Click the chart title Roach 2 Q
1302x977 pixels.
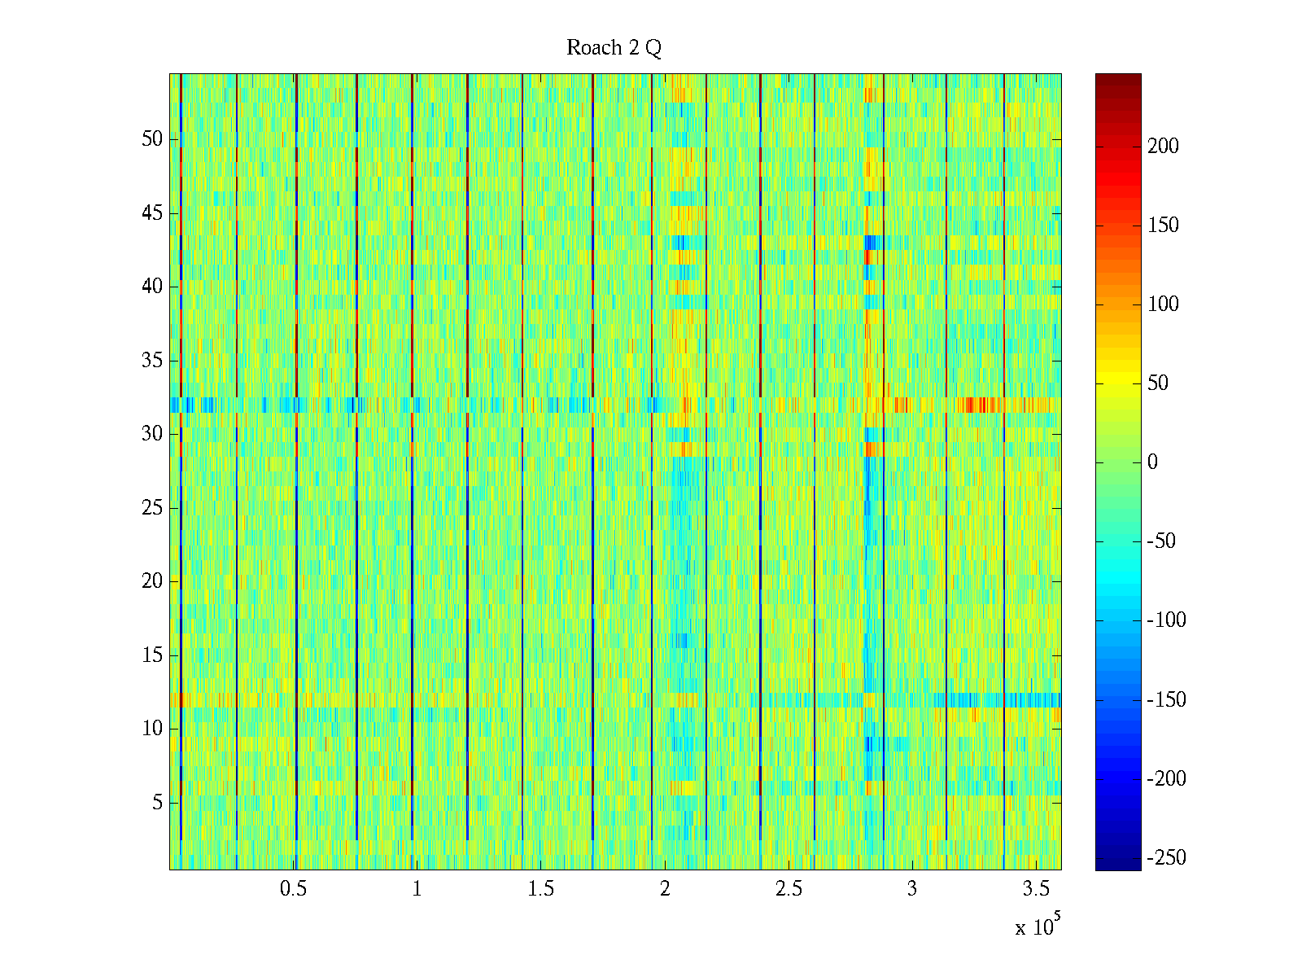(x=614, y=48)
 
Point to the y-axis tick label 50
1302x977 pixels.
(x=152, y=139)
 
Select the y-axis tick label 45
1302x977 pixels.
(x=152, y=213)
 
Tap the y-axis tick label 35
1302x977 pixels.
(x=152, y=361)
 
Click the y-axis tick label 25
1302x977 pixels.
(x=152, y=508)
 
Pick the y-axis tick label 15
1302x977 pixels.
(x=152, y=655)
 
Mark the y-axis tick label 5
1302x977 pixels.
(x=157, y=803)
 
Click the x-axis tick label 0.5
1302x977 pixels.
(x=293, y=889)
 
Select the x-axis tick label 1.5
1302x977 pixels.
(x=540, y=889)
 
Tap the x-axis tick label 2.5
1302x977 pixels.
(x=789, y=889)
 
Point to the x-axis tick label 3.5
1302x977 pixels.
(x=1036, y=889)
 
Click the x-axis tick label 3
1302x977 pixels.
(x=912, y=889)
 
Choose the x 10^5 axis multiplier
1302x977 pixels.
(x=1038, y=927)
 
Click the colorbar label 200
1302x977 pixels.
(x=1163, y=147)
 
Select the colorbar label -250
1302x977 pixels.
(x=1166, y=858)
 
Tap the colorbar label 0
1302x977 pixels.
(x=1152, y=462)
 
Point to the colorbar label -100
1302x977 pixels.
(x=1166, y=620)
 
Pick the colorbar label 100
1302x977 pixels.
(x=1163, y=304)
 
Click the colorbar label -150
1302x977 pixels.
(x=1166, y=700)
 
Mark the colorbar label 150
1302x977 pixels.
(x=1163, y=226)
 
